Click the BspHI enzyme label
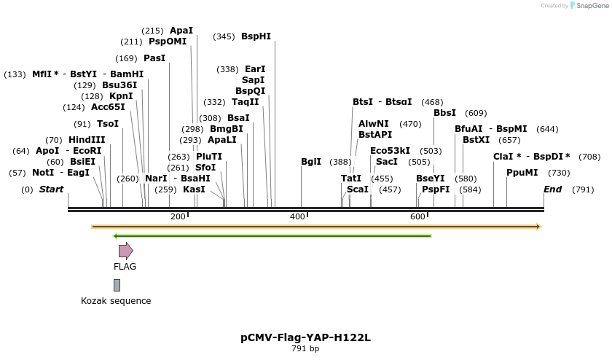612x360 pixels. click(256, 36)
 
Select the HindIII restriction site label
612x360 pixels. click(87, 140)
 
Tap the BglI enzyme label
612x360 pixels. click(311, 162)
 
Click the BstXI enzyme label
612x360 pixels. click(476, 140)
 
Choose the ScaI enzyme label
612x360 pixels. click(358, 189)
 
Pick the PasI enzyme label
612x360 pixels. click(154, 58)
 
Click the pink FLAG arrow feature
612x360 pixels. click(125, 251)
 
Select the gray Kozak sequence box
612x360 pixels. click(117, 285)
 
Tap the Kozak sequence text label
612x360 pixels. click(116, 301)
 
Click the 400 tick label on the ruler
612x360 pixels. click(297, 216)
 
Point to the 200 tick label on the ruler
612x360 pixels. click(178, 216)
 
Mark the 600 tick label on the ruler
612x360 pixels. click(417, 216)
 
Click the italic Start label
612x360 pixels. click(51, 189)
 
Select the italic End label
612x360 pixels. click(553, 189)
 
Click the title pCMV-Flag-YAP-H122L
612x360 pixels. click(305, 337)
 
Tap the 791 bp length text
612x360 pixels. click(305, 349)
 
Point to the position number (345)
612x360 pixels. click(224, 36)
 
